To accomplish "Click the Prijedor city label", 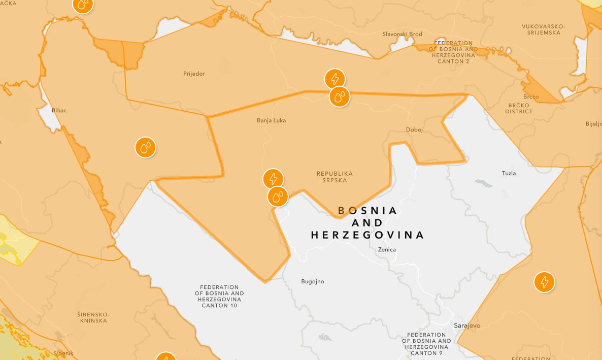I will pyautogui.click(x=194, y=74).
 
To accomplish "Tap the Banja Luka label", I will pyautogui.click(x=271, y=120).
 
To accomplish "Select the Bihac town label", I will pyautogui.click(x=59, y=110).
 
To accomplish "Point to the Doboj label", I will pyautogui.click(x=414, y=129).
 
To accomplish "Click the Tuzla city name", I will pyautogui.click(x=509, y=173).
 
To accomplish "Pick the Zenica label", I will pyautogui.click(x=387, y=249).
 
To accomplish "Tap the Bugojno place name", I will pyautogui.click(x=312, y=281).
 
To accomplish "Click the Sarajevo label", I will pyautogui.click(x=467, y=325).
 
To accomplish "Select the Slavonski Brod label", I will pyautogui.click(x=402, y=34).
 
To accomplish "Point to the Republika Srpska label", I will pyautogui.click(x=335, y=177).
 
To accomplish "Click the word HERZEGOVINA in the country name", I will pyautogui.click(x=367, y=235).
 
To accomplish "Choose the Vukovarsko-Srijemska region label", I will pyautogui.click(x=544, y=29).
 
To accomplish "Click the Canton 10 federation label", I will pyautogui.click(x=219, y=296).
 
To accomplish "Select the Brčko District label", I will pyautogui.click(x=519, y=108).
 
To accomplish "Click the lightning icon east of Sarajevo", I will pyautogui.click(x=544, y=282).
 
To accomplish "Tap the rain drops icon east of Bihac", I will pyautogui.click(x=145, y=148).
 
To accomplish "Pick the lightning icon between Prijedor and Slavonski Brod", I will pyautogui.click(x=335, y=79).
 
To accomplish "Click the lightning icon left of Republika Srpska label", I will pyautogui.click(x=273, y=179).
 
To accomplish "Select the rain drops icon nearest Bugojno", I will pyautogui.click(x=277, y=196).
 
